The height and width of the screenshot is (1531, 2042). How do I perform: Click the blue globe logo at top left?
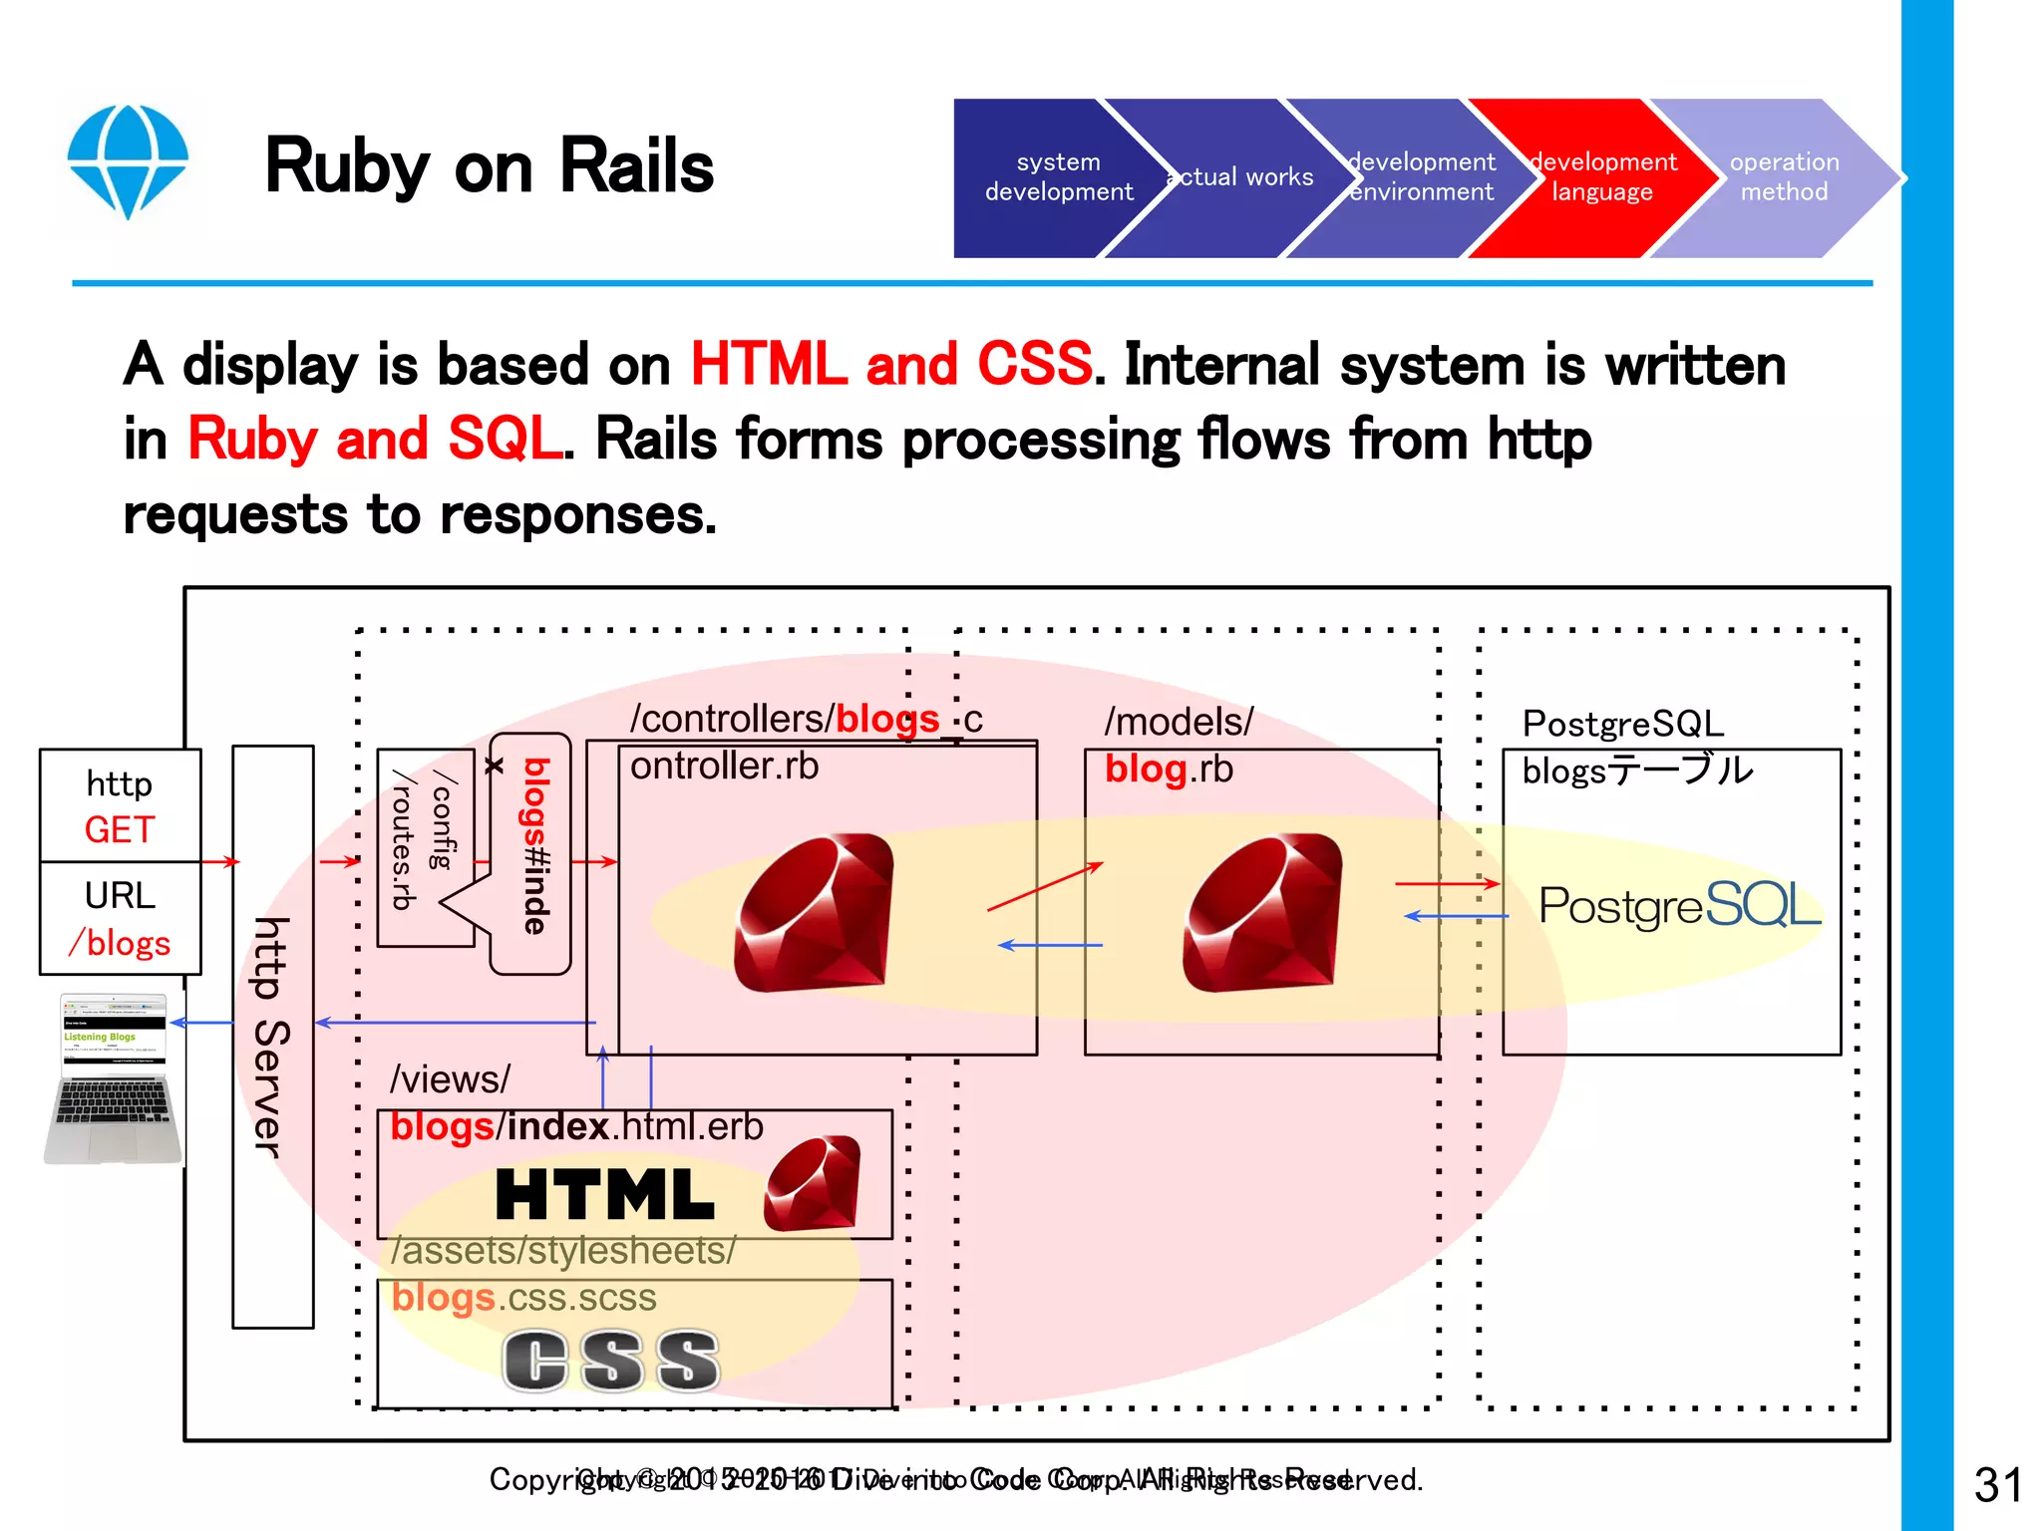click(x=128, y=160)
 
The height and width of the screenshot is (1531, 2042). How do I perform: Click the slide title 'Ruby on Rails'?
click(x=489, y=166)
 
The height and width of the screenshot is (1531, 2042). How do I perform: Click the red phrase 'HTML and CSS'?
click(x=890, y=364)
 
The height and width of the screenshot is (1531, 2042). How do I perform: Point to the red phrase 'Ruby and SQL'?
click(x=375, y=439)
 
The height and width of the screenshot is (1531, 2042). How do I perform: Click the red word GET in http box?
click(x=120, y=829)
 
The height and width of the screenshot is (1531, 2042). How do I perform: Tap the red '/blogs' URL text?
click(x=120, y=942)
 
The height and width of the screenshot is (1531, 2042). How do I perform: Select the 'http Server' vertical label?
click(x=271, y=1037)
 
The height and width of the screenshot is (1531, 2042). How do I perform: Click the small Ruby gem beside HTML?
click(x=813, y=1184)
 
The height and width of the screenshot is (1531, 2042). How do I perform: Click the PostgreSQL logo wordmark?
click(x=1679, y=905)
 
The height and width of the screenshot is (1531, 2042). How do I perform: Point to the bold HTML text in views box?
click(x=604, y=1195)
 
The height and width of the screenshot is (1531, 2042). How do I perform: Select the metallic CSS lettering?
click(x=610, y=1361)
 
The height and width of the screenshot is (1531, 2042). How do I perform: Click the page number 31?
click(x=1997, y=1485)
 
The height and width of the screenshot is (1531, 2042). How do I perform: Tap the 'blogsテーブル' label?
click(x=1636, y=770)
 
